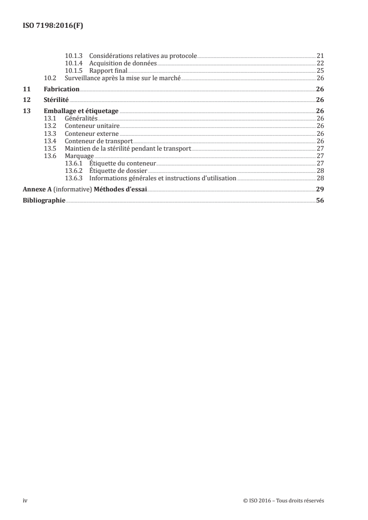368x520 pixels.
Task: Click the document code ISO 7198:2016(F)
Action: tap(53, 26)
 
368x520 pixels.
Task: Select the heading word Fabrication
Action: tap(61, 89)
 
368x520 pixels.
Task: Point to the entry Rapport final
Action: tap(108, 71)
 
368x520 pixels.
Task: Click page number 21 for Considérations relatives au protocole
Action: tap(320, 56)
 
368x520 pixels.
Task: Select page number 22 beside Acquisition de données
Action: tap(320, 63)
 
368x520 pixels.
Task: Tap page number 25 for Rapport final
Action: tap(320, 71)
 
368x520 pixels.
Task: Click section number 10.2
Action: tap(50, 78)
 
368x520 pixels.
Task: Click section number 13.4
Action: tap(50, 141)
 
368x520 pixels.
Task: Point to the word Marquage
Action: tap(79, 156)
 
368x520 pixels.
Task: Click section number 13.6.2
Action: tap(74, 171)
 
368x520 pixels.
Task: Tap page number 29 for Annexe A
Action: tap(320, 189)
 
